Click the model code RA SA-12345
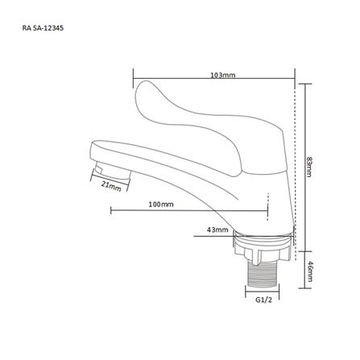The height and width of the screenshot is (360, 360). click(43, 28)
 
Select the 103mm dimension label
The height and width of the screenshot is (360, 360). click(222, 75)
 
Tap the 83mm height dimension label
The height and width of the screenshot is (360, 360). click(309, 167)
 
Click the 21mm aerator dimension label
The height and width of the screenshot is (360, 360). click(111, 186)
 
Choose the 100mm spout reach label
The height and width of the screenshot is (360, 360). click(161, 205)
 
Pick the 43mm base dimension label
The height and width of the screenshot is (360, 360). click(217, 230)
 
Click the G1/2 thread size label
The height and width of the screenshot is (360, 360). click(263, 300)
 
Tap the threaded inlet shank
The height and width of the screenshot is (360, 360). click(262, 276)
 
